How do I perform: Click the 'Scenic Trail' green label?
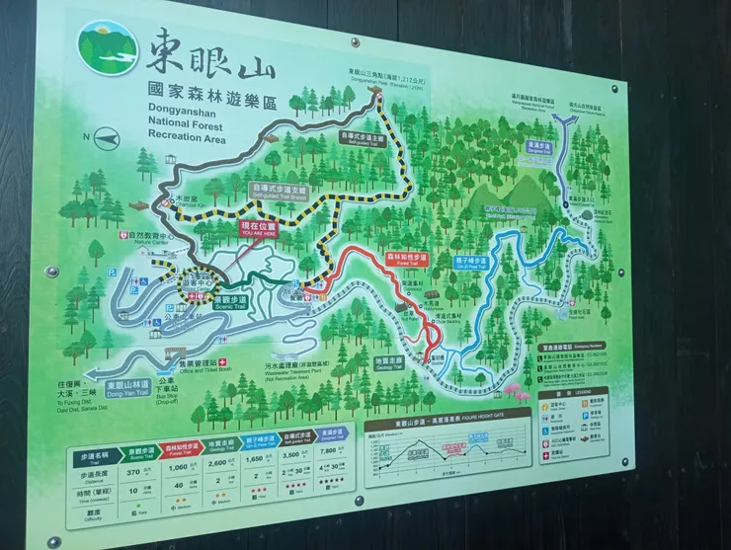(233, 301)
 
